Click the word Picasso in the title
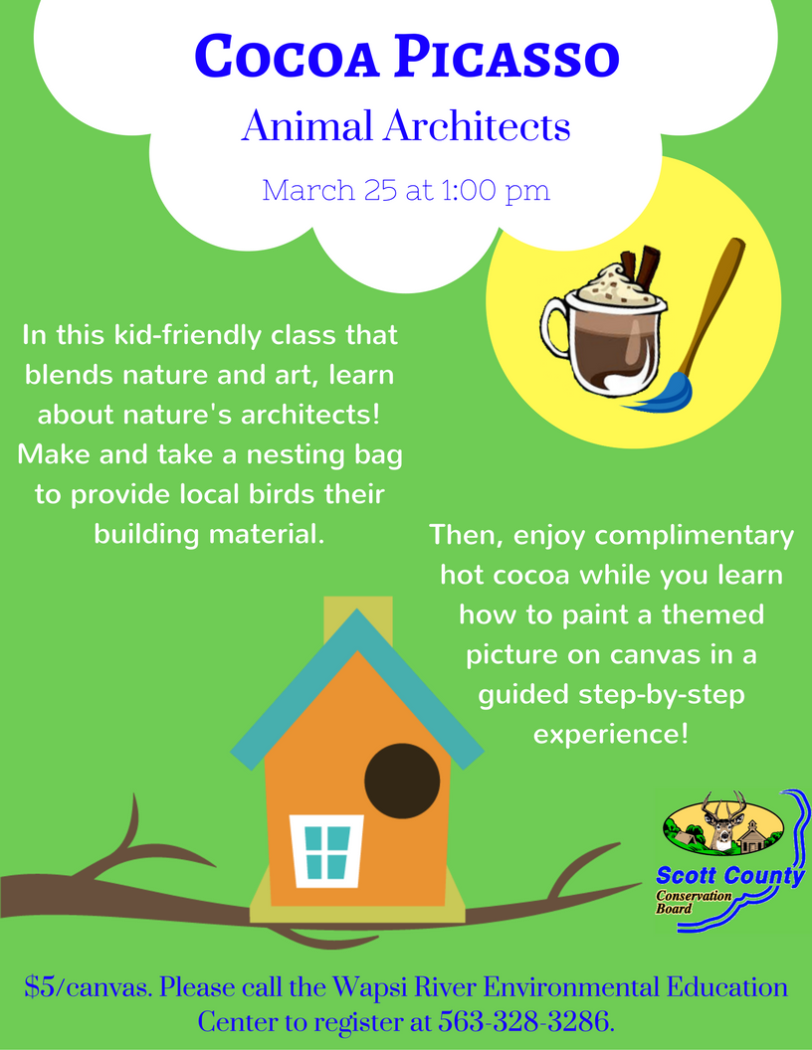pos(507,57)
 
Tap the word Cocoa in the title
pos(288,57)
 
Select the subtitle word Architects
pos(477,126)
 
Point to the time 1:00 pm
pos(496,191)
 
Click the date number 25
pos(380,190)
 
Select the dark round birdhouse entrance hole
pos(402,781)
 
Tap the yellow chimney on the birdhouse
pos(358,619)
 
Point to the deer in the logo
pos(722,821)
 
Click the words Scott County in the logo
pos(729,876)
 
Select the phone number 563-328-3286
pos(523,1022)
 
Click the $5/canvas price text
pos(89,988)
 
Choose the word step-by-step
pos(662,695)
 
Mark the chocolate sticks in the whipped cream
pos(640,266)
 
